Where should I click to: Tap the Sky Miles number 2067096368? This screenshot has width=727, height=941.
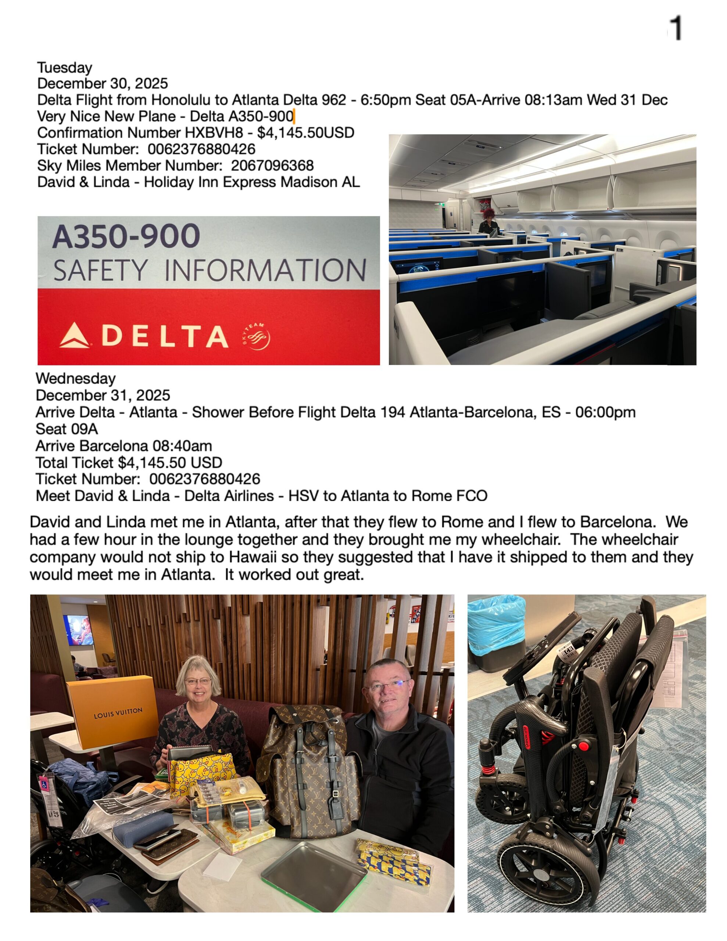pos(272,165)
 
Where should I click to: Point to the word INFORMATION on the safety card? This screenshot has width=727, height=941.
pos(265,271)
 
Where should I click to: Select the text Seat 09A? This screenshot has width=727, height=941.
pos(67,429)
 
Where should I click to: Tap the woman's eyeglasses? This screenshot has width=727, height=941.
pos(198,681)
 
